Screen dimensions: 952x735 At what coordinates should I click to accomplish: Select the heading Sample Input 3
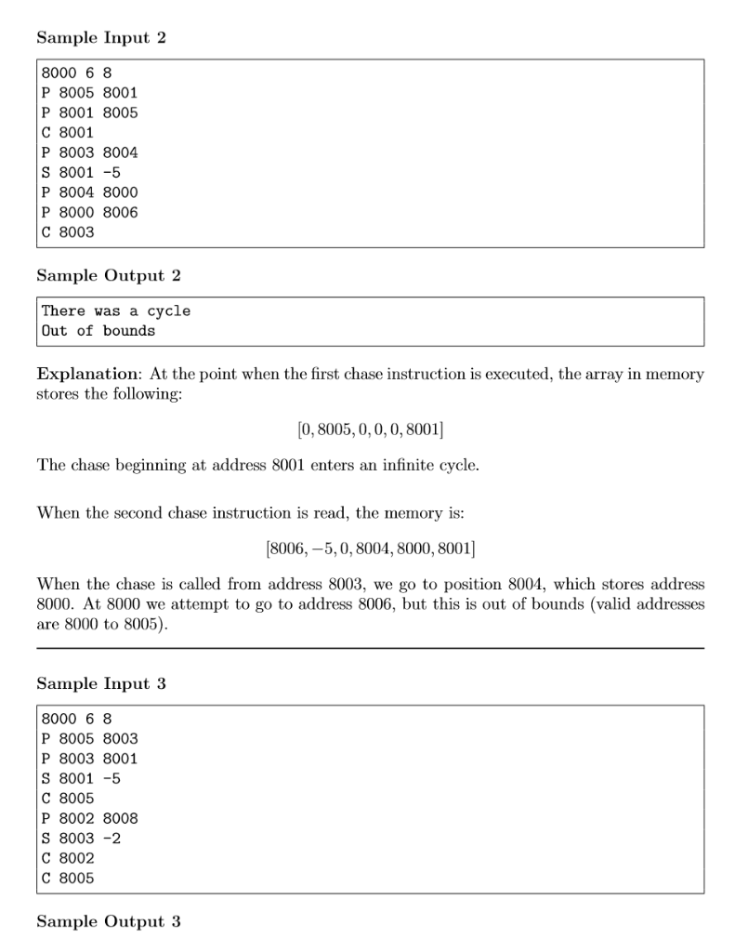[x=95, y=683]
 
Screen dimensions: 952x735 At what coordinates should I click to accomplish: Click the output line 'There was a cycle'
[x=115, y=311]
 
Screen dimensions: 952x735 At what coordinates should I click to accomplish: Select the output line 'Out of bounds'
[x=98, y=331]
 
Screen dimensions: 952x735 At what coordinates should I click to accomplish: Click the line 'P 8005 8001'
[x=89, y=92]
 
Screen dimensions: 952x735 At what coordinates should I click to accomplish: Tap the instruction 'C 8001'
[x=68, y=132]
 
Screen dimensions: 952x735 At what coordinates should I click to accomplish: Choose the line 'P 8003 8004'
[x=89, y=152]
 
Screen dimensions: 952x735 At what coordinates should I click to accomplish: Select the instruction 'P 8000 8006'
[x=89, y=212]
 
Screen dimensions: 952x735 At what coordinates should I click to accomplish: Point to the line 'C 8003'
[x=68, y=231]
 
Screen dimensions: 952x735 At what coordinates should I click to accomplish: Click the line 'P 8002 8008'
[x=89, y=818]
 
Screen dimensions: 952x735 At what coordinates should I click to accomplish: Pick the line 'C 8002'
[x=68, y=858]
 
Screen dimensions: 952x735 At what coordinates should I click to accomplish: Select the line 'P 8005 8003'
[x=89, y=738]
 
